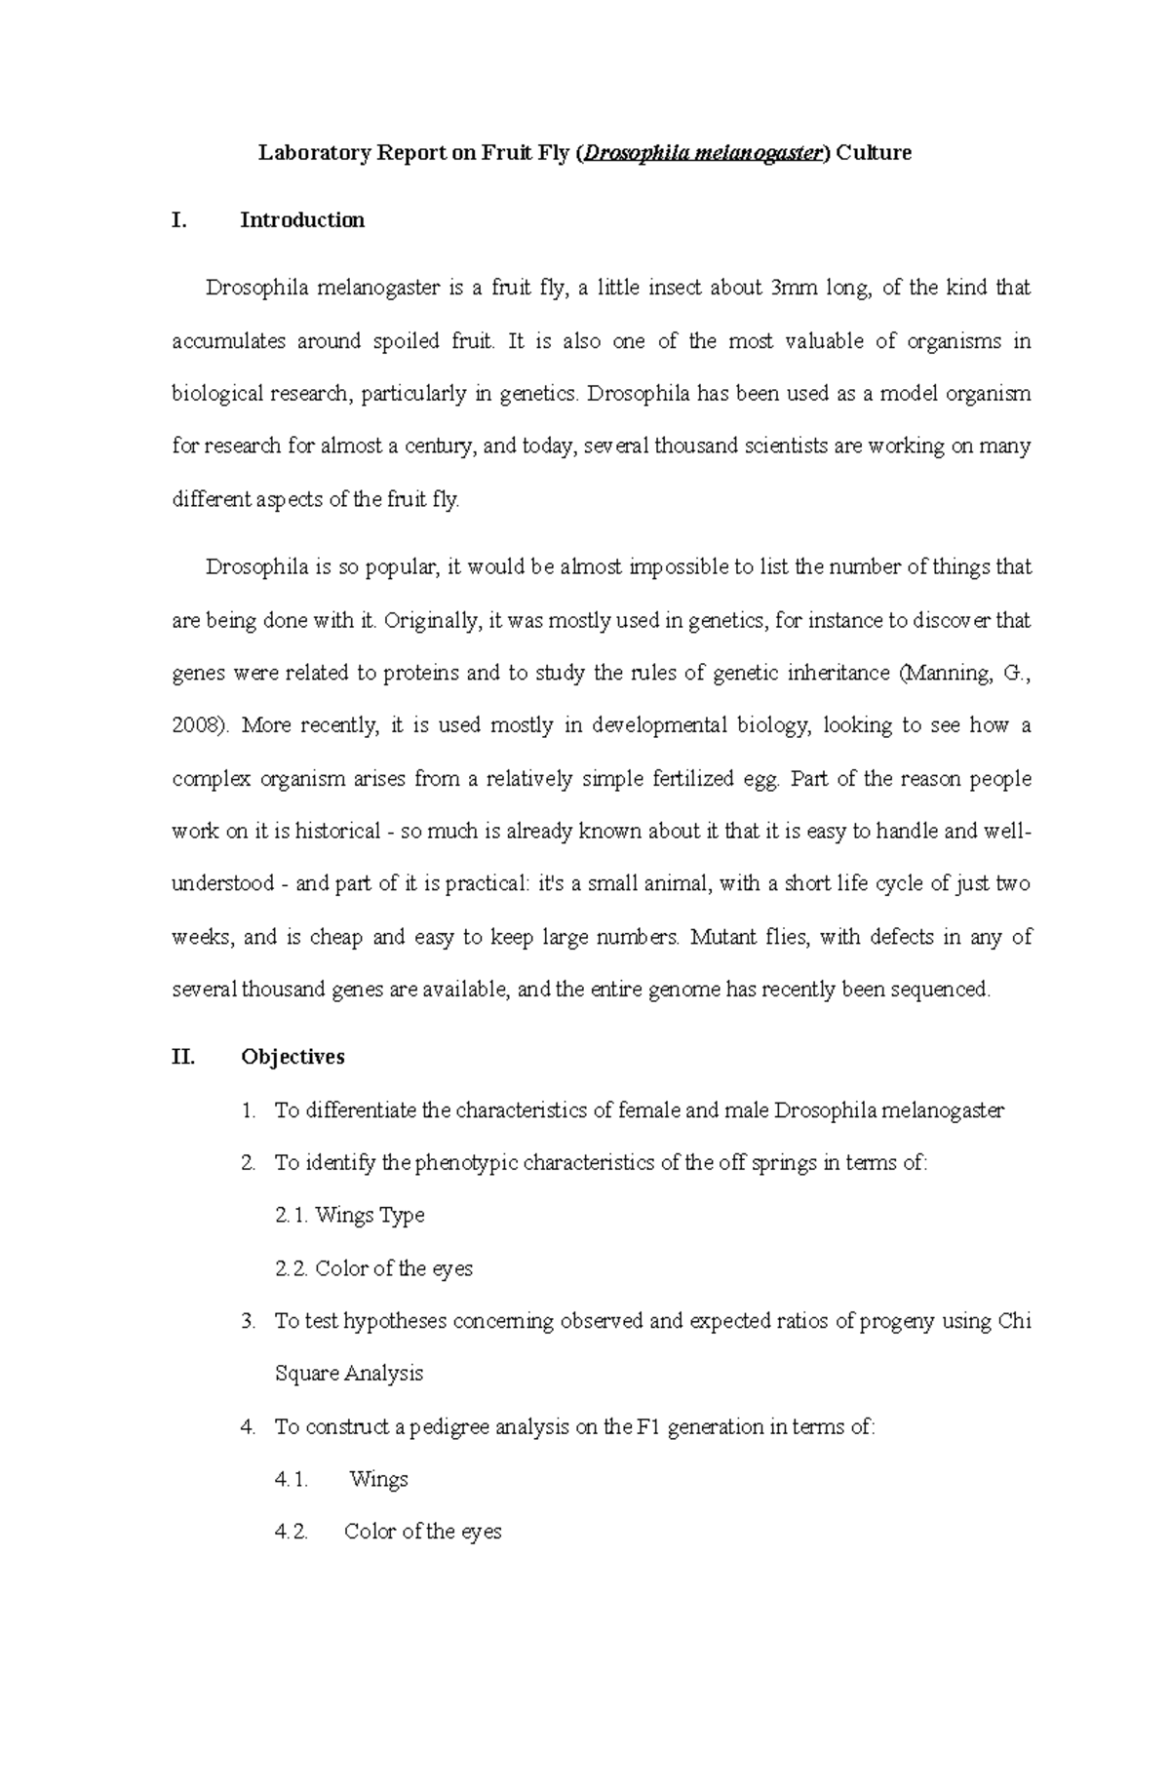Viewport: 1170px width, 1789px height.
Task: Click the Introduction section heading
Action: pos(302,220)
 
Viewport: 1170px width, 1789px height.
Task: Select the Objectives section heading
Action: pos(292,1057)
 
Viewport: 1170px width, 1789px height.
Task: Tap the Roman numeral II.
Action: pos(183,1057)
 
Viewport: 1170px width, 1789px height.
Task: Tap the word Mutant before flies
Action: pos(721,938)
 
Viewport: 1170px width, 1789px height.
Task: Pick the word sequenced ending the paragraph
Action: pos(944,991)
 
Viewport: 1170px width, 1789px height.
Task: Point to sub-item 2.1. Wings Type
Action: pos(350,1216)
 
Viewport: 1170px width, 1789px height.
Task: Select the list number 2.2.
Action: pos(292,1269)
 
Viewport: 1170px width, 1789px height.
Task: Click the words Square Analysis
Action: pos(348,1375)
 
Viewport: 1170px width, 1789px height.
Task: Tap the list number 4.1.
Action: pos(292,1480)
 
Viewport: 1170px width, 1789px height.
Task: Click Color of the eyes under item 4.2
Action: pos(422,1533)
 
